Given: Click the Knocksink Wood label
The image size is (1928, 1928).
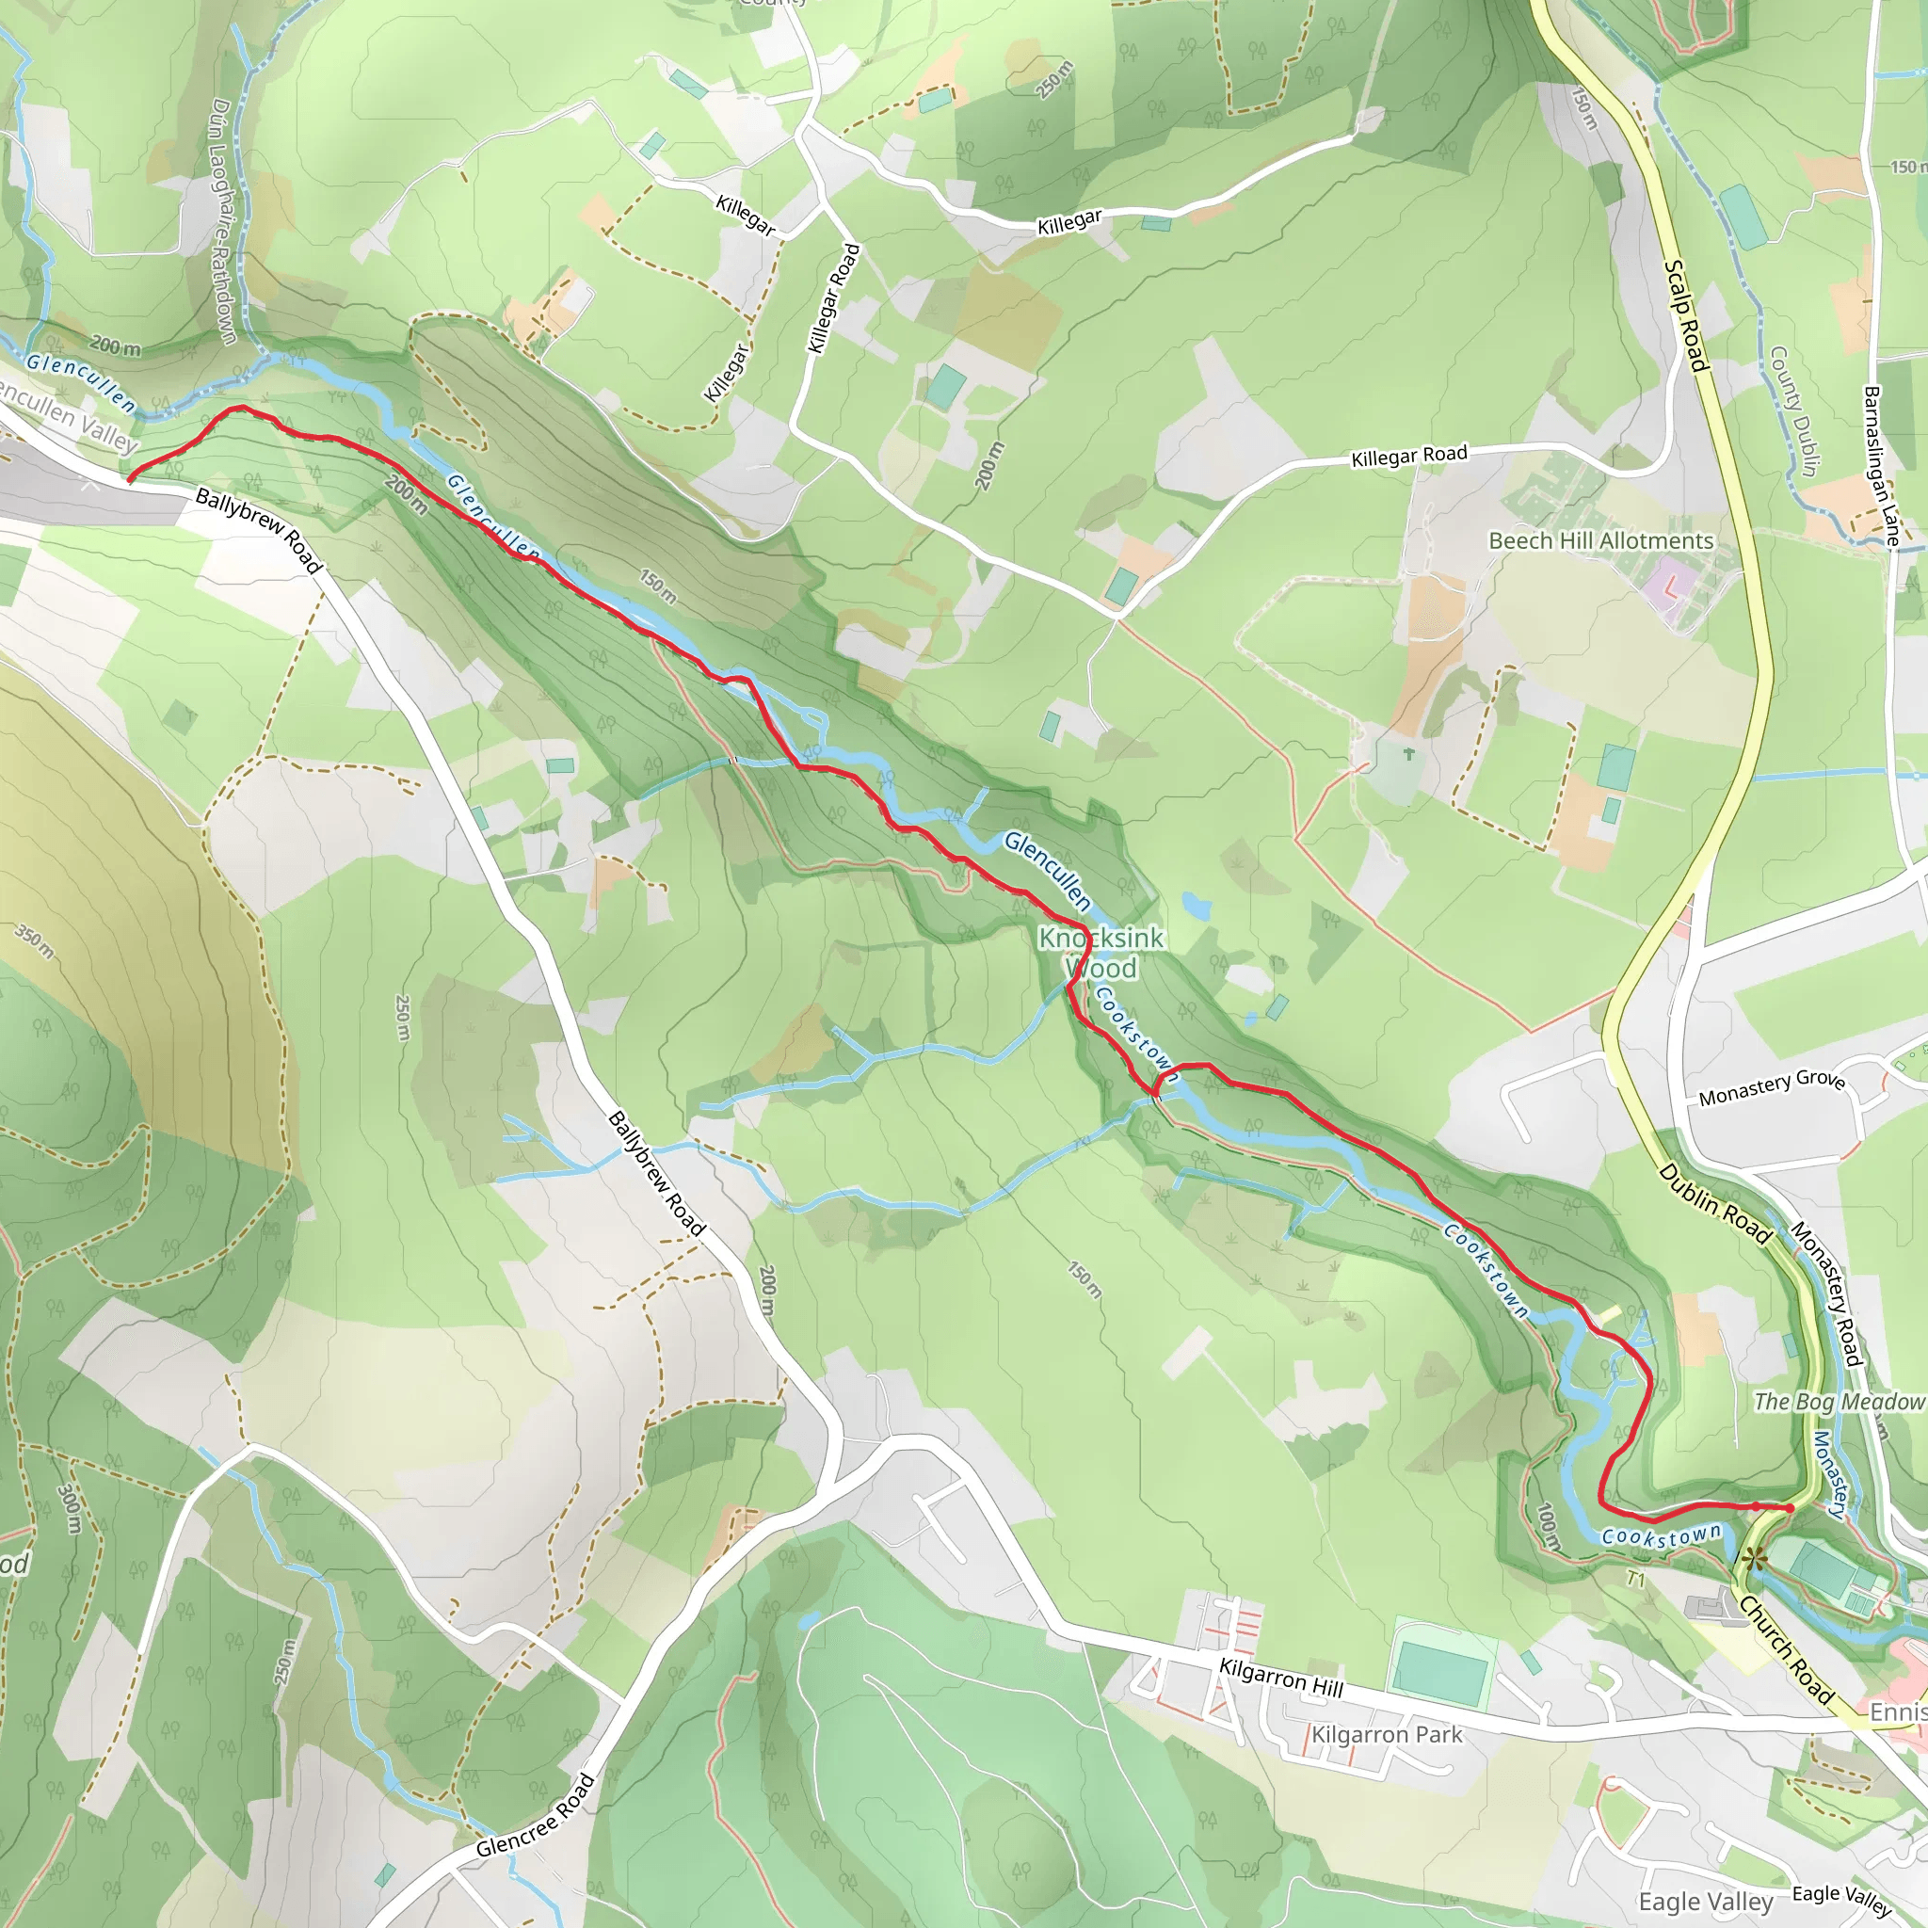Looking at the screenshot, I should (1101, 953).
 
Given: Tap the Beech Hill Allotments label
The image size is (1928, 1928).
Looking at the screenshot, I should (1600, 541).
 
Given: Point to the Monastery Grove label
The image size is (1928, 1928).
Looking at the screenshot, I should (1772, 1086).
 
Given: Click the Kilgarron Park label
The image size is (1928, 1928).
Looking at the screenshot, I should (1386, 1734).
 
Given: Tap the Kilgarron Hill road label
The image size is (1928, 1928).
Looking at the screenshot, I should (1281, 1676).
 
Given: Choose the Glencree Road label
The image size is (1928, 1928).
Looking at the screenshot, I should (536, 1815).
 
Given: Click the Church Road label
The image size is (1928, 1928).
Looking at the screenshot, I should (1785, 1649).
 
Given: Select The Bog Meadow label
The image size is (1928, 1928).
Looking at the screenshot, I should (1839, 1401).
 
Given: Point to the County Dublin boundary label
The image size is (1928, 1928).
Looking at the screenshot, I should (1794, 411).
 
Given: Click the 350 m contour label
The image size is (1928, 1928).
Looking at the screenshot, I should (34, 941).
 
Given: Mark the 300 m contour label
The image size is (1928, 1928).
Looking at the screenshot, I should (69, 1509).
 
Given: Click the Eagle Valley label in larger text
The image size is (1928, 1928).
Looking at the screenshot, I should (1706, 1901).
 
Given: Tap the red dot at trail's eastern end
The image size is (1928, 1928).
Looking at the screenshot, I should (1790, 1508).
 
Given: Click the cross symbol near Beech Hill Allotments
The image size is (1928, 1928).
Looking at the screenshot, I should (1408, 754).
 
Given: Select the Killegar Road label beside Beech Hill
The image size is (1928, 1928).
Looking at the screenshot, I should (1408, 456).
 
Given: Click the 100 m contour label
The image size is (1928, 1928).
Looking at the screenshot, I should (1547, 1527).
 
